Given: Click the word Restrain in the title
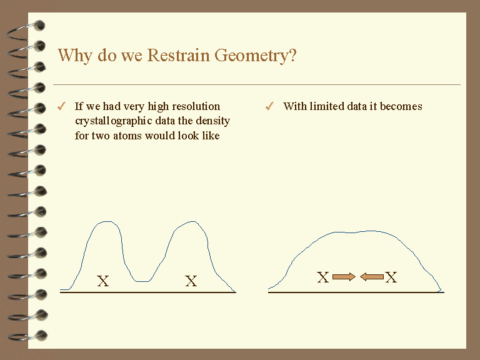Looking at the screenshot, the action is pyautogui.click(x=178, y=55).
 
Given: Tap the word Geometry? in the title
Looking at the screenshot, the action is pyautogui.click(x=255, y=56).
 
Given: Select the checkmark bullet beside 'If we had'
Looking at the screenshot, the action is pyautogui.click(x=61, y=106).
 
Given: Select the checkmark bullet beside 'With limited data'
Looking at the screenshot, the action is pyautogui.click(x=269, y=106).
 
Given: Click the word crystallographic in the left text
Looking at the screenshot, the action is pyautogui.click(x=125, y=121).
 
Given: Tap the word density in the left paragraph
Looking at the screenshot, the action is pyautogui.click(x=212, y=121).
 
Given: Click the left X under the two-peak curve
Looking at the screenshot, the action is pyautogui.click(x=103, y=281).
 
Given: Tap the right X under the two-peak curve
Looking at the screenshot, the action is pyautogui.click(x=191, y=281).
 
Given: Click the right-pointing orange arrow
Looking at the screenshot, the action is pyautogui.click(x=344, y=277).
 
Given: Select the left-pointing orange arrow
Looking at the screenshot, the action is pyautogui.click(x=372, y=277).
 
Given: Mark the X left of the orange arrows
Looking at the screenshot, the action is pyautogui.click(x=323, y=277).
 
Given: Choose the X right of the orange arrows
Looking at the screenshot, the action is pyautogui.click(x=391, y=277).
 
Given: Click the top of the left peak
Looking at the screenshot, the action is pyautogui.click(x=107, y=221).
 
